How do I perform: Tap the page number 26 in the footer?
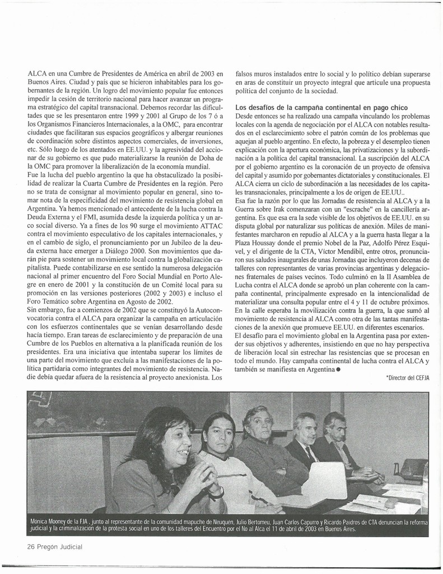32,547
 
